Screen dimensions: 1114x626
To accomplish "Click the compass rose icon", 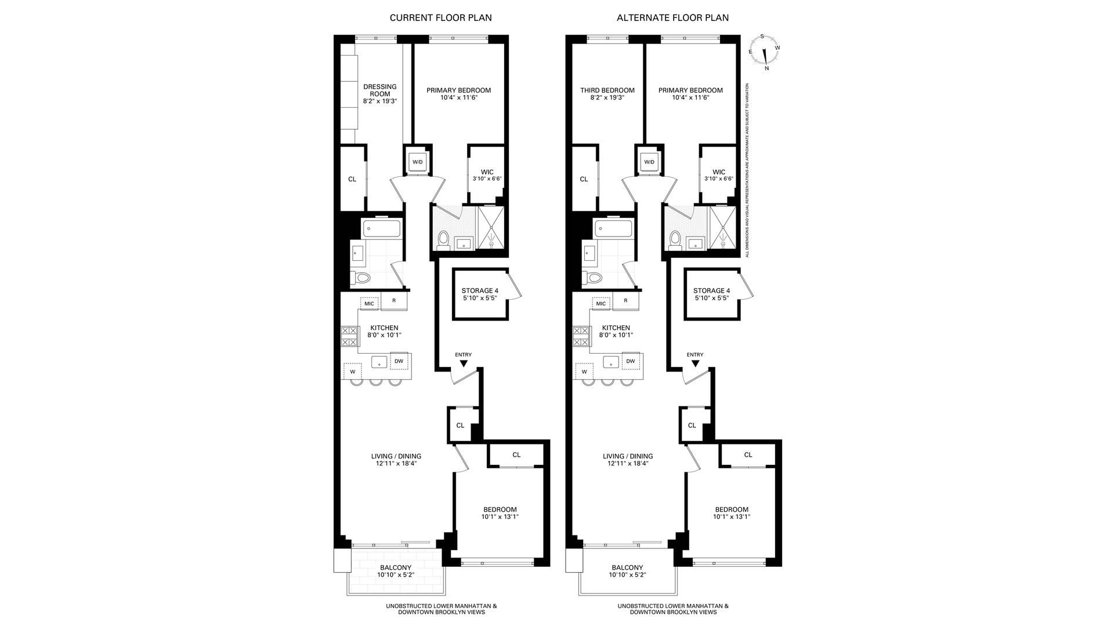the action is (x=765, y=51).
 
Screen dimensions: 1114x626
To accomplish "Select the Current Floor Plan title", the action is (x=440, y=18).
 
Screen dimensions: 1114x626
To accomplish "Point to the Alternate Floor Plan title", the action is (x=672, y=18).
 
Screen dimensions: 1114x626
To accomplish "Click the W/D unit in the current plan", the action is (x=418, y=162).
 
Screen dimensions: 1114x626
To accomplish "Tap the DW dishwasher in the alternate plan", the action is (x=631, y=361).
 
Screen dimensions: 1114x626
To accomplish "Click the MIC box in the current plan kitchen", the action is (x=370, y=304).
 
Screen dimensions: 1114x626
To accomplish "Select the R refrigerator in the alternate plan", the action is (x=625, y=301).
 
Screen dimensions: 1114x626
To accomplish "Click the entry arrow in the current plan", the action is (x=463, y=363).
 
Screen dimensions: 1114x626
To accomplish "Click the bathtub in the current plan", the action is (x=382, y=228).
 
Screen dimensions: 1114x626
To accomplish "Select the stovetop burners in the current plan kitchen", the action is (x=349, y=337).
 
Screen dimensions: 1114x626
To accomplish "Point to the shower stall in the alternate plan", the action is (x=723, y=228).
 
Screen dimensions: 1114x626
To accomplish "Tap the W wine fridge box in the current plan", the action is (x=352, y=372).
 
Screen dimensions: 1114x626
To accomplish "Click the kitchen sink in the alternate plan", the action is (x=611, y=362).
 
